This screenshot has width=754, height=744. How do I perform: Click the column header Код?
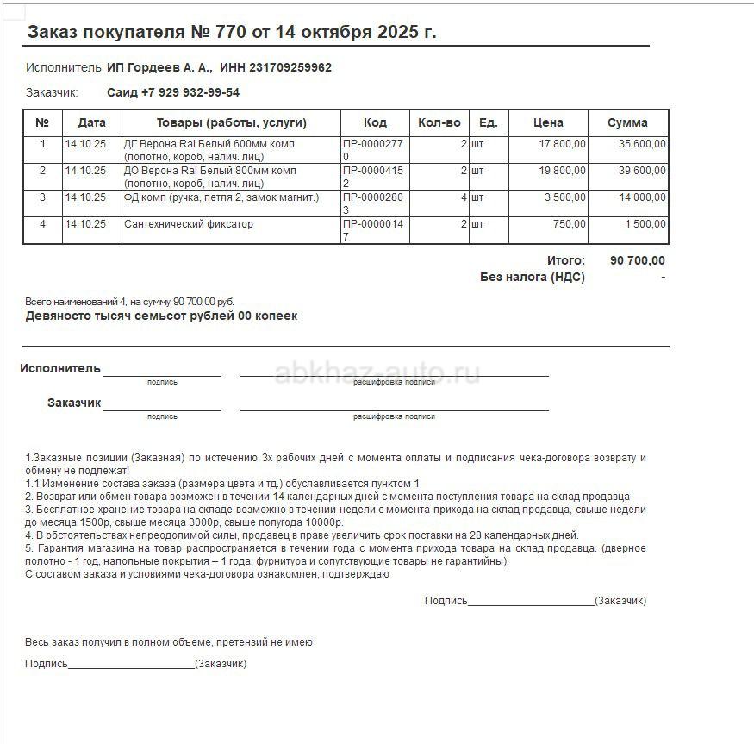pyautogui.click(x=375, y=122)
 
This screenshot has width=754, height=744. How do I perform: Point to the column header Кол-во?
pyautogui.click(x=439, y=122)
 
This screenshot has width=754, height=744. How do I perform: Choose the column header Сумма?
pyautogui.click(x=626, y=122)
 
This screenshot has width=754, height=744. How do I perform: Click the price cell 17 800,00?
pyautogui.click(x=562, y=144)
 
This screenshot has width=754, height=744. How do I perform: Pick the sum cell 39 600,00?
pyautogui.click(x=642, y=171)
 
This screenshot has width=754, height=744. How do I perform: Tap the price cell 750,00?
pyautogui.click(x=569, y=224)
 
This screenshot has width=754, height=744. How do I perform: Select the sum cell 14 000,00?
pyautogui.click(x=642, y=197)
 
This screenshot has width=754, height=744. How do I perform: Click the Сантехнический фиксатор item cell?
pyautogui.click(x=189, y=224)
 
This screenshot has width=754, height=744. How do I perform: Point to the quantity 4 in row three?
pyautogui.click(x=464, y=197)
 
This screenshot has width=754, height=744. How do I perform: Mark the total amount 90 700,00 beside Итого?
pyautogui.click(x=637, y=260)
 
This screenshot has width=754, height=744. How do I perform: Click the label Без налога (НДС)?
pyautogui.click(x=532, y=277)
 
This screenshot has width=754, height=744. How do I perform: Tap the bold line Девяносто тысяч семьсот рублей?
pyautogui.click(x=161, y=316)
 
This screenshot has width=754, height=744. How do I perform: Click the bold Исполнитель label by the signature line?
pyautogui.click(x=60, y=368)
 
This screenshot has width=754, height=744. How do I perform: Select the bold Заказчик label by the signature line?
pyautogui.click(x=74, y=403)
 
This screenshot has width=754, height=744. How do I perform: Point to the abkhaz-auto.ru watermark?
pyautogui.click(x=377, y=372)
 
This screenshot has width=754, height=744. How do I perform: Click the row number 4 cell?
pyautogui.click(x=42, y=224)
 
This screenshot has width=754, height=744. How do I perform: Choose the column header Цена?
pyautogui.click(x=548, y=122)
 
